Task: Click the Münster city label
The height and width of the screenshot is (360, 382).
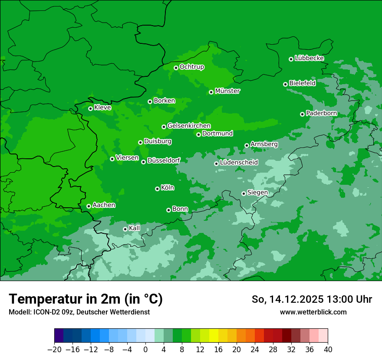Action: point(227,91)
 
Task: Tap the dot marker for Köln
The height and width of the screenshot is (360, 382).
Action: point(157,189)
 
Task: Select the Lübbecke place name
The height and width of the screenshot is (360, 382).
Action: point(309,58)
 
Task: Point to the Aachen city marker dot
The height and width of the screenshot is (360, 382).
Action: point(89,206)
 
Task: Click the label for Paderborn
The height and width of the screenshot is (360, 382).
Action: point(321,113)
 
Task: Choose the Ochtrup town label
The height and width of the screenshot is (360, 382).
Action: point(191,67)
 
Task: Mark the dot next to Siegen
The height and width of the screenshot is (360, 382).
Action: point(244,193)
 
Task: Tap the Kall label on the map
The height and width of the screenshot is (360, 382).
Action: point(135,228)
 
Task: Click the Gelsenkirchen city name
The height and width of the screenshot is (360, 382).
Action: point(189,126)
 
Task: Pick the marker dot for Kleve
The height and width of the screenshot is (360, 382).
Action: point(90,108)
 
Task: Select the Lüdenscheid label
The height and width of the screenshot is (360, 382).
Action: point(239,163)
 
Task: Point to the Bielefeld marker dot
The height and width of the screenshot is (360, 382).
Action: point(285,84)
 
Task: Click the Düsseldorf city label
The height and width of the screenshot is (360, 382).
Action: point(164,160)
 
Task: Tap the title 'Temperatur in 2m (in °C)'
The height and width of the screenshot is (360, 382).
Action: point(86,299)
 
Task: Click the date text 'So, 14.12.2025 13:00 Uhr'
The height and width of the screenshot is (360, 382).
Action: point(312,299)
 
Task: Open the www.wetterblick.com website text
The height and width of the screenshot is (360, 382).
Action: point(313,312)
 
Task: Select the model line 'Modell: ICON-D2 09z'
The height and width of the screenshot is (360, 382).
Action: point(79,312)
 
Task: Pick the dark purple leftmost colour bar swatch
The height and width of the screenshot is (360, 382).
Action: point(59,336)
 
